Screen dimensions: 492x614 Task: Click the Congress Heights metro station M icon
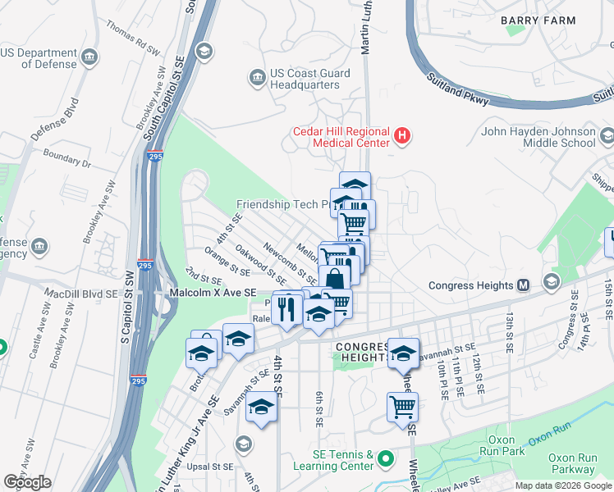pyautogui.click(x=522, y=285)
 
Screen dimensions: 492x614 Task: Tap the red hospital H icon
pyautogui.click(x=401, y=135)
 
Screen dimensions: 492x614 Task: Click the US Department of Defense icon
pyautogui.click(x=89, y=57)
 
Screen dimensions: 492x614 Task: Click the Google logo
pyautogui.click(x=27, y=482)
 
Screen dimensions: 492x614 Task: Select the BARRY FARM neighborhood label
pyautogui.click(x=532, y=17)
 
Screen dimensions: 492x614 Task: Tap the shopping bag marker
pyautogui.click(x=334, y=279)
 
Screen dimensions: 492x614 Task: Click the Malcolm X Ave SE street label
pyautogui.click(x=213, y=292)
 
